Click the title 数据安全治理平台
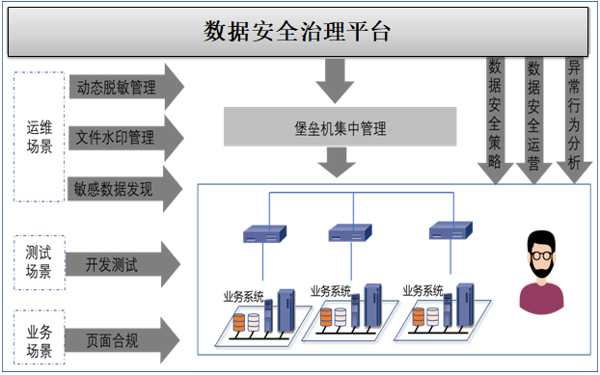click(x=297, y=32)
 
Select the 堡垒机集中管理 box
click(x=341, y=126)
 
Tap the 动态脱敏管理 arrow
click(x=126, y=87)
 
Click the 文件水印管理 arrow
click(x=126, y=138)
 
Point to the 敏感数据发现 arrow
click(x=125, y=188)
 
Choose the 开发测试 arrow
click(x=123, y=264)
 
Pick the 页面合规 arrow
click(x=123, y=340)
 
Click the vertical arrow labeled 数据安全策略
click(x=495, y=121)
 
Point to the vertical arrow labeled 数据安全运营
click(x=533, y=121)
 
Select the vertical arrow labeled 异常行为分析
click(x=574, y=121)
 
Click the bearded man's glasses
click(x=541, y=255)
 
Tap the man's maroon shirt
click(x=541, y=299)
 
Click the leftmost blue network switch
click(x=265, y=233)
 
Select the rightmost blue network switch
click(x=450, y=230)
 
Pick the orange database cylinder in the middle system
click(x=326, y=317)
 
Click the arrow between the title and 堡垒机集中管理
click(x=335, y=81)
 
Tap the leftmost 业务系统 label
click(x=243, y=297)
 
